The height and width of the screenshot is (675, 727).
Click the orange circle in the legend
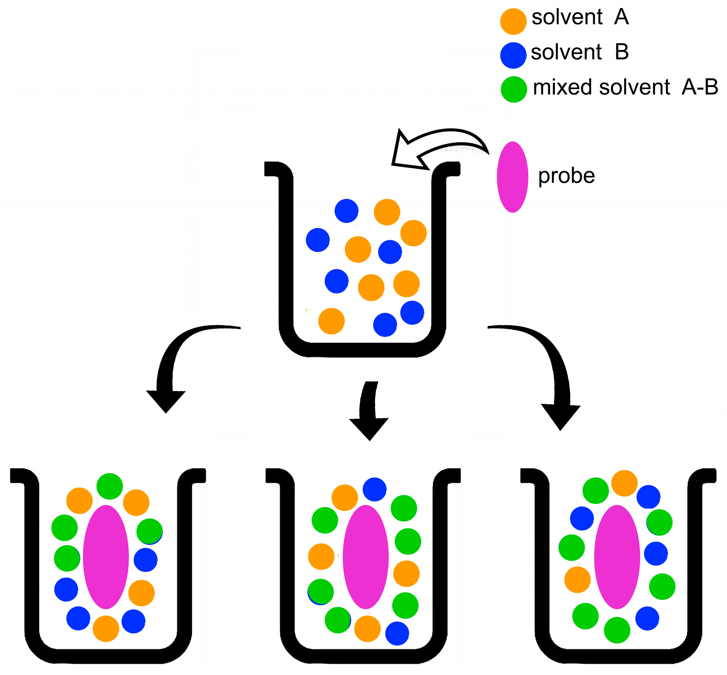[513, 21]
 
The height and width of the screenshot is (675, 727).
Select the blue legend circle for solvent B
[513, 55]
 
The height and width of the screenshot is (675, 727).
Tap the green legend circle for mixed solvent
[514, 89]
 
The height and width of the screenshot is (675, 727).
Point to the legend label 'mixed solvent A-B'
[625, 87]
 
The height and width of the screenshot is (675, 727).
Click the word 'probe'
[566, 176]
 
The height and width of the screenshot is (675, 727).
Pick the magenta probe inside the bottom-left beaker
[106, 557]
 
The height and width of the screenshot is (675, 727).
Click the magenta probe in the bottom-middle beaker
[365, 557]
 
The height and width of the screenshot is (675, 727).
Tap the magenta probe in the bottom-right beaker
[617, 557]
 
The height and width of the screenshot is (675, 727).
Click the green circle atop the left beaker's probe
[110, 486]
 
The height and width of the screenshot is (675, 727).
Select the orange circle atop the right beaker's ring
[624, 483]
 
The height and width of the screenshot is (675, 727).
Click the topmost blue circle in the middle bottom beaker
[375, 489]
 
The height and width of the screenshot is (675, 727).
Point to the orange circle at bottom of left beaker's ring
[106, 629]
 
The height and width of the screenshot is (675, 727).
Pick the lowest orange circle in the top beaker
[331, 321]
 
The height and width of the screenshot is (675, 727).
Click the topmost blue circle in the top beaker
[346, 211]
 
